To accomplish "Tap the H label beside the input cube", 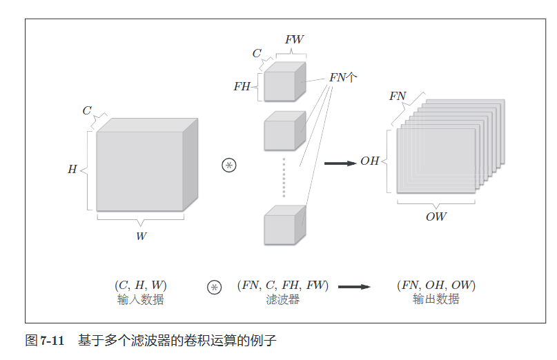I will point(72,170).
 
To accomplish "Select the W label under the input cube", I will point(141,236).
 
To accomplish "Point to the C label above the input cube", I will point(87,110).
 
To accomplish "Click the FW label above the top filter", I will point(294,40).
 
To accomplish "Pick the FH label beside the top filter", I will point(242,87).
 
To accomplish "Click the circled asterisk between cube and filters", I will point(228,165).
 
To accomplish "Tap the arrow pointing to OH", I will point(339,163).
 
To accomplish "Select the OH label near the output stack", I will point(370,161).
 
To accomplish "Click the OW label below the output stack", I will point(436,217).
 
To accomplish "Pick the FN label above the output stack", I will point(398,97).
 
